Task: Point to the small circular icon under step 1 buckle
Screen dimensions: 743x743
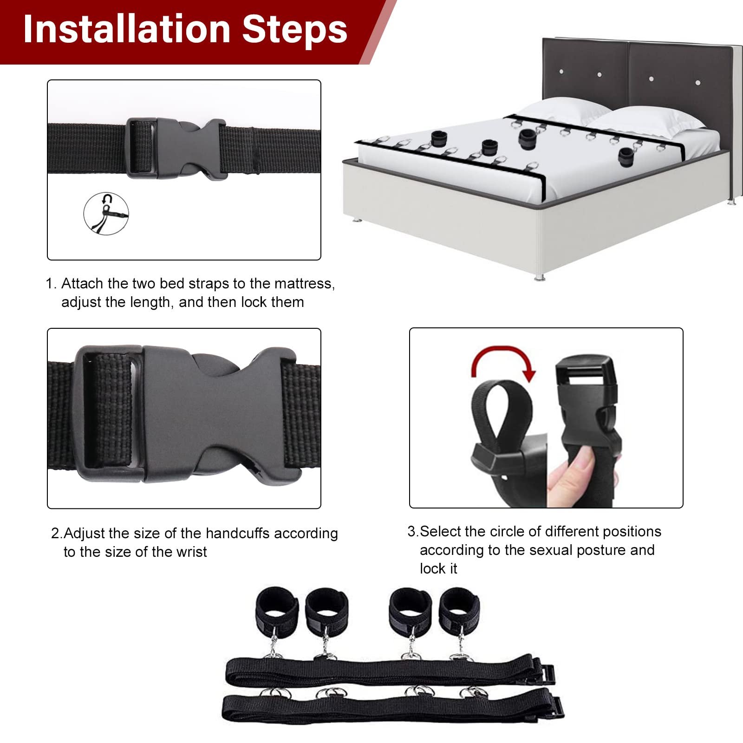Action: (x=106, y=214)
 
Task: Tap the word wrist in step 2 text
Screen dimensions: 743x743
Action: (x=189, y=552)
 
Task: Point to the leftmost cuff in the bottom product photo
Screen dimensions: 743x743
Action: (x=277, y=608)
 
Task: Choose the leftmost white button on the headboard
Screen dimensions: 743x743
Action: (x=562, y=72)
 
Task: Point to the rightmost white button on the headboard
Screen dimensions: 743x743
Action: (x=698, y=83)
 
